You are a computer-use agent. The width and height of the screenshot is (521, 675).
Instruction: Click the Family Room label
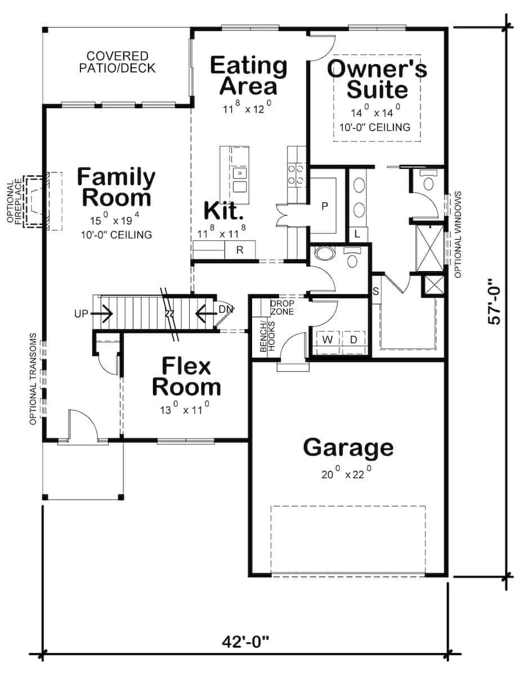[116, 187]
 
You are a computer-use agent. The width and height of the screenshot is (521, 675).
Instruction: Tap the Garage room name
[348, 448]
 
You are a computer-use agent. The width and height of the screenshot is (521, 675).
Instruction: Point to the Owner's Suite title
[377, 79]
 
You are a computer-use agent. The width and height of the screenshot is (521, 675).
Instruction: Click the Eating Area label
[248, 75]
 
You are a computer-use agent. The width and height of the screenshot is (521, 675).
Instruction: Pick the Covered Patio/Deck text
[117, 62]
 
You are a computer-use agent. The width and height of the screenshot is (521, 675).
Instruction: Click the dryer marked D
[353, 340]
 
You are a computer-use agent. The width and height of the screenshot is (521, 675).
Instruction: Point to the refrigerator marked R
[240, 250]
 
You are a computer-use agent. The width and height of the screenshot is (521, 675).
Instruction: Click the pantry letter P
[324, 206]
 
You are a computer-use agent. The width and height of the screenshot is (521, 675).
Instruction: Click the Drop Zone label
[282, 307]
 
